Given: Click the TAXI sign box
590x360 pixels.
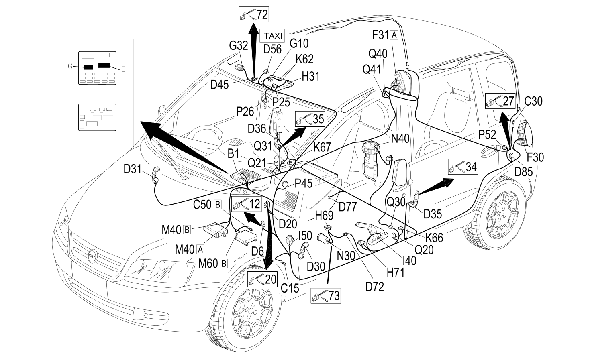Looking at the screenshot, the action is [x=272, y=36].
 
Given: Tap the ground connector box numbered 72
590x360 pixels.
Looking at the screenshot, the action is [x=254, y=14].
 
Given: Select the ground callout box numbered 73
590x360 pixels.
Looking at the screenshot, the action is [x=326, y=295].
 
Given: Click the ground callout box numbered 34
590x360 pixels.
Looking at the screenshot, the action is [x=463, y=167].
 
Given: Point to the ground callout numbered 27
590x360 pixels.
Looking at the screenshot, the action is [x=500, y=101].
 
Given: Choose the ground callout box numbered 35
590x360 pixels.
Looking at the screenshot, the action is [x=310, y=119].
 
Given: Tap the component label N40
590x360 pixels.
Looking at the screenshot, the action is [x=400, y=138].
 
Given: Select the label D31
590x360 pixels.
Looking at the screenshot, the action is [x=133, y=169].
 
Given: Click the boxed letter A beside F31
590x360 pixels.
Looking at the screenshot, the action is [x=394, y=35].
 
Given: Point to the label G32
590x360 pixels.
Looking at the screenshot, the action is [x=239, y=45].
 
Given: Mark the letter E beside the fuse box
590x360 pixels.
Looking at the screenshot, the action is [x=123, y=69].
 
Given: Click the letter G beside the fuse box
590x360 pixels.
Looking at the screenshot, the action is [x=70, y=66].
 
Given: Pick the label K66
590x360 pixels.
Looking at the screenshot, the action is [x=434, y=238].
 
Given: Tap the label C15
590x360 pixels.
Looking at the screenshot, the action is [x=290, y=289].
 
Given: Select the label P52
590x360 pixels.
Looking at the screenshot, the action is [x=487, y=135].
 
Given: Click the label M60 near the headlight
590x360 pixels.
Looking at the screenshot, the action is [x=208, y=263].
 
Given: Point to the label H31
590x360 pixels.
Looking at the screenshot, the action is [x=311, y=76].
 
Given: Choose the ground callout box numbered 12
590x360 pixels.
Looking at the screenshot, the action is [x=247, y=204].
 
